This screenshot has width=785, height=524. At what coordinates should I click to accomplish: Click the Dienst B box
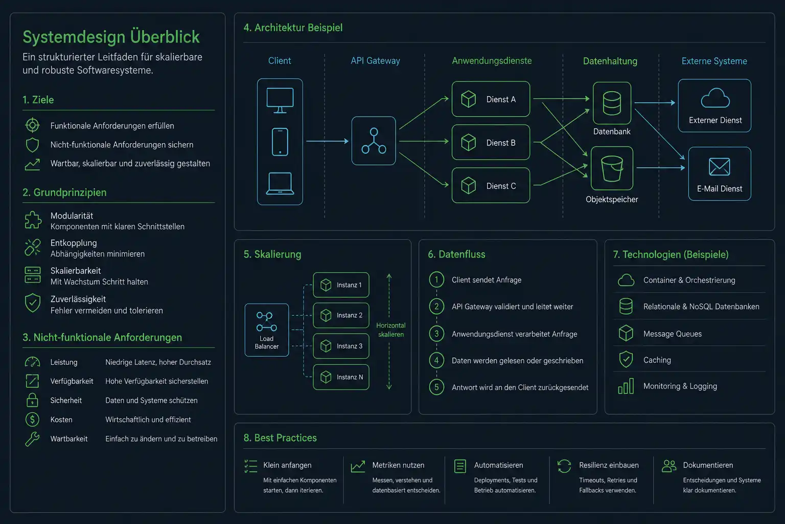[491, 142]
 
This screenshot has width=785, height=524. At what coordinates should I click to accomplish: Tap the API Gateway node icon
[374, 141]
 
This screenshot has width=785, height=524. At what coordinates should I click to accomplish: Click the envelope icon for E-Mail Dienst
[719, 166]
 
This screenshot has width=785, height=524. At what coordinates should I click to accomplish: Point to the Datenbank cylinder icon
[612, 103]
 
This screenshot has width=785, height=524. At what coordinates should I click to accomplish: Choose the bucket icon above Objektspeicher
[612, 168]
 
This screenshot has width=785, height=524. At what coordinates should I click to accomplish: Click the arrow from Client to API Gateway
[327, 141]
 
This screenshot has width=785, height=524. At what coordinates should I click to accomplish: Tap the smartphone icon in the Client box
[280, 142]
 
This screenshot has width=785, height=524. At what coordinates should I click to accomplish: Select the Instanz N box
[341, 377]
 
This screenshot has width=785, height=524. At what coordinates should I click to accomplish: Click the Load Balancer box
[267, 330]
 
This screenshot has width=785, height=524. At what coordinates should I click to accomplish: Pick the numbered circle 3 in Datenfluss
[436, 334]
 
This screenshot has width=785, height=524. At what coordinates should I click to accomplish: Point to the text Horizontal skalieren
[391, 330]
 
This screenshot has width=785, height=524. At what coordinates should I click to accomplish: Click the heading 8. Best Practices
[280, 438]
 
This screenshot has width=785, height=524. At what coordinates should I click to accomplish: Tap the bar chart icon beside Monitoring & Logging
[626, 386]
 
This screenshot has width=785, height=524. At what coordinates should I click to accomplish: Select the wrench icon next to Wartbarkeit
[32, 439]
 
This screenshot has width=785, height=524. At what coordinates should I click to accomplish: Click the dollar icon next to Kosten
[32, 420]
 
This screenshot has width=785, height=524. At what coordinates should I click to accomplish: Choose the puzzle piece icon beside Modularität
[33, 220]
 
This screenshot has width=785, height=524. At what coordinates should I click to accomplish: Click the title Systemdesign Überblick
[111, 37]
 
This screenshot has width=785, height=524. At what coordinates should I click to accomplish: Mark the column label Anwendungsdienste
[492, 61]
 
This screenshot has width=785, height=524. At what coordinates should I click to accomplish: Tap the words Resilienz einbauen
[609, 465]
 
